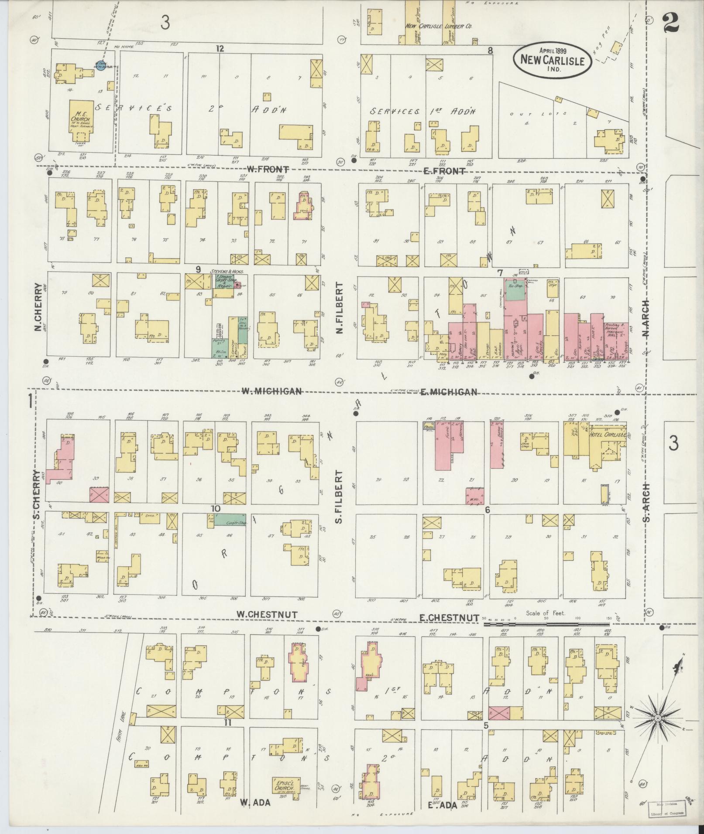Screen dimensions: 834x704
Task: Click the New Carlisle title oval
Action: (552, 61)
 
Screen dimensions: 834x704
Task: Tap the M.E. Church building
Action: (82, 120)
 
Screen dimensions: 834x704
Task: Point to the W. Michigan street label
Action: (272, 391)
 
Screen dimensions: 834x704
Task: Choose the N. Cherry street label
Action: (38, 307)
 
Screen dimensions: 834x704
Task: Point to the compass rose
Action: (657, 718)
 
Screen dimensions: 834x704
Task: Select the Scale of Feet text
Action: (546, 613)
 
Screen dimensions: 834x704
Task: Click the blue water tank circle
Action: (100, 68)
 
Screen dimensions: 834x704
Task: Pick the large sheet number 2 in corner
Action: (670, 23)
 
